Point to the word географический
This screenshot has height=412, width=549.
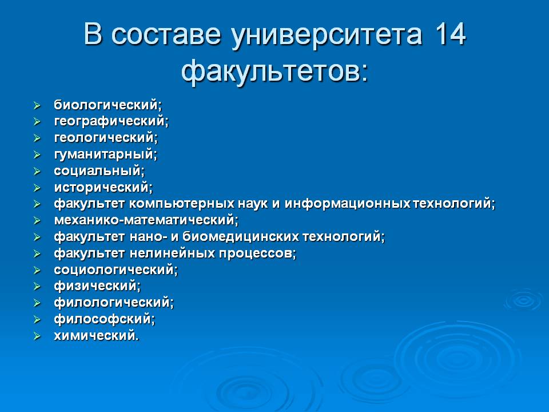[x=109, y=121]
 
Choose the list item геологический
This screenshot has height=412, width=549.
[x=104, y=138]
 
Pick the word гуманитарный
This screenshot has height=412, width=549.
[x=104, y=154]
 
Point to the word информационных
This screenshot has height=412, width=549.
[x=347, y=204]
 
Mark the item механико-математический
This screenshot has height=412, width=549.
[x=144, y=220]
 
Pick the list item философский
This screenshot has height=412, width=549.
[x=102, y=319]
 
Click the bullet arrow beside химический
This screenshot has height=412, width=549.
[x=37, y=336]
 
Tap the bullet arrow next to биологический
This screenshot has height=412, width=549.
[x=37, y=105]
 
